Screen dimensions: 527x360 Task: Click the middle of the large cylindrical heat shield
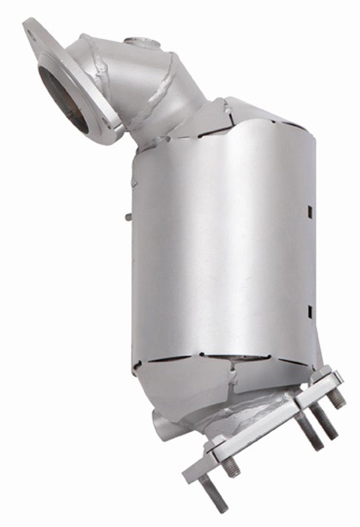[x=218, y=248]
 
